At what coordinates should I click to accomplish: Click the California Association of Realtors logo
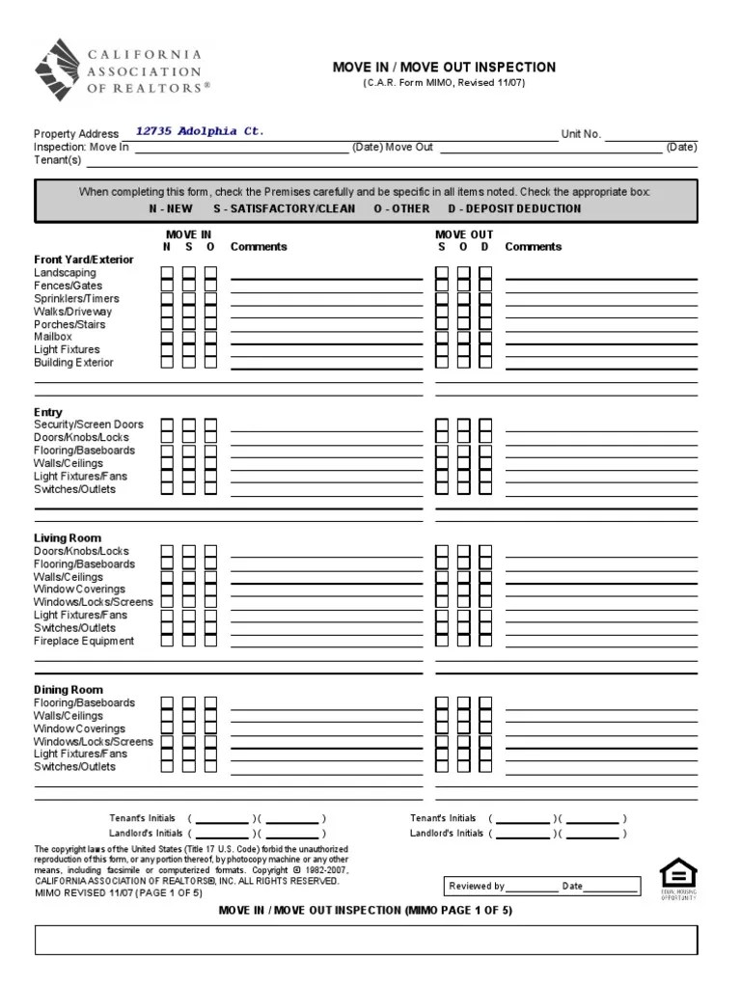click(x=122, y=71)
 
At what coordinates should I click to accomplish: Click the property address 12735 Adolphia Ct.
click(x=199, y=131)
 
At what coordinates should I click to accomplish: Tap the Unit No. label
click(x=581, y=134)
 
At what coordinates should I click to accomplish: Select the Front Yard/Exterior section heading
click(x=84, y=260)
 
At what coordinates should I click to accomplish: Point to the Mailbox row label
click(x=53, y=337)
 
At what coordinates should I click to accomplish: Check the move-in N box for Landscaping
click(x=167, y=273)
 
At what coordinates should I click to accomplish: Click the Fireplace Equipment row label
click(x=84, y=641)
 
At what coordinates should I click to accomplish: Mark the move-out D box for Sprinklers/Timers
click(x=485, y=299)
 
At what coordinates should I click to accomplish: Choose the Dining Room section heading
click(x=69, y=690)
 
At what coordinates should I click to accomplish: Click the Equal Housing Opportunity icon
click(x=678, y=878)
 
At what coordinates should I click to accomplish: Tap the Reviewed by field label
click(x=477, y=886)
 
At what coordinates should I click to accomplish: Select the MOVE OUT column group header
click(x=464, y=234)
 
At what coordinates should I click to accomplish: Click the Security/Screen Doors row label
click(x=89, y=425)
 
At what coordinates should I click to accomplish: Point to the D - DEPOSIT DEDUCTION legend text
click(x=514, y=208)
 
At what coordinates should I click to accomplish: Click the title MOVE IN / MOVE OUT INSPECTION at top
click(x=444, y=68)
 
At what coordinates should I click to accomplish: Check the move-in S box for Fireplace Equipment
click(x=189, y=641)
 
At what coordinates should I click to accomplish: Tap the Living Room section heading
click(x=68, y=538)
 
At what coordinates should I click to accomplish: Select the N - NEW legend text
click(x=171, y=208)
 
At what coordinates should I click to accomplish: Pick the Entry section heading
click(x=48, y=412)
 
